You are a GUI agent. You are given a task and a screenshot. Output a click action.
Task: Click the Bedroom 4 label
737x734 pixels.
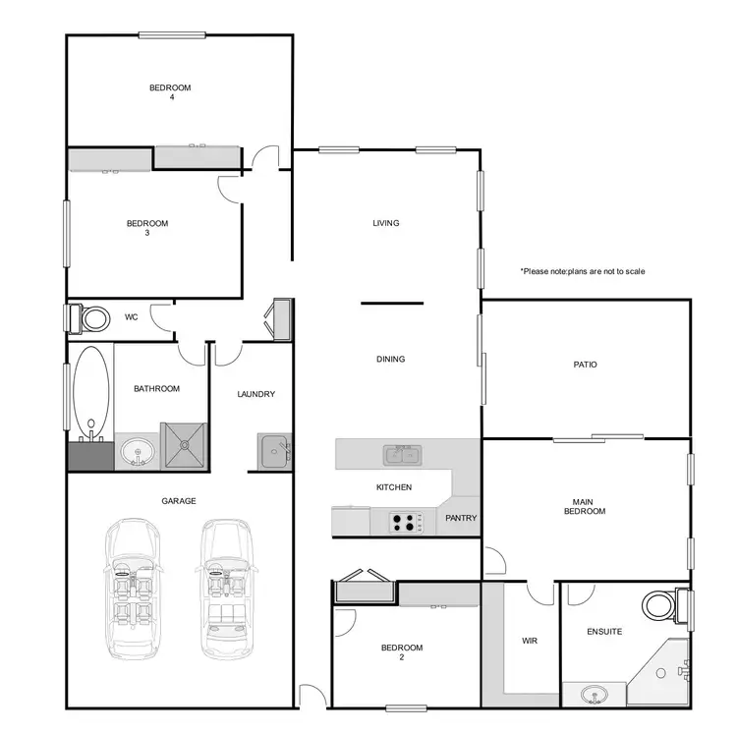(170, 92)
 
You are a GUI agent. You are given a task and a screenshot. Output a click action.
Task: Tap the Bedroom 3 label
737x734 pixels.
(147, 228)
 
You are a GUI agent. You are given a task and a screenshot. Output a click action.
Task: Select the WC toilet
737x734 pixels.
(93, 318)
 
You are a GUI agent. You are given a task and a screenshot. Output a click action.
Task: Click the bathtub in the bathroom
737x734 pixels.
(90, 391)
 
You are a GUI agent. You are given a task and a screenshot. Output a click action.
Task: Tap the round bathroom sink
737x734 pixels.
(139, 453)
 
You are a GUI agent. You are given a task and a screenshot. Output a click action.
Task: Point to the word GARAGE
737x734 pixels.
(179, 501)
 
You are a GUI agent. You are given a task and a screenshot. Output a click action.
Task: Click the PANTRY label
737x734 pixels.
(461, 518)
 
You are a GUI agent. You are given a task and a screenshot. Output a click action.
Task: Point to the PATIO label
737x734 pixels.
(586, 365)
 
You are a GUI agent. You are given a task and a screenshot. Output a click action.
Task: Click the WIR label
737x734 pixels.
(529, 641)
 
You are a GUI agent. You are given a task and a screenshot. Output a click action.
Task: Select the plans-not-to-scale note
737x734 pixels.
(583, 271)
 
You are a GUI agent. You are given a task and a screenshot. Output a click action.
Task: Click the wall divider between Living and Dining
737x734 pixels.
(392, 304)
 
